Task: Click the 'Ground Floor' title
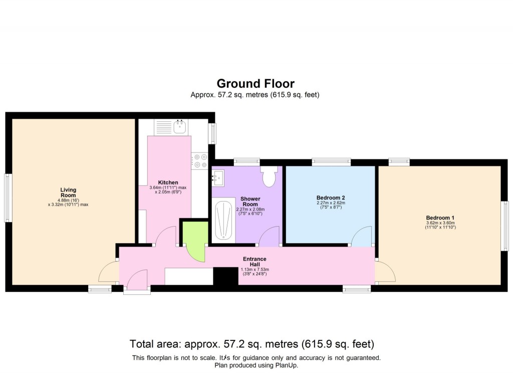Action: click(x=255, y=83)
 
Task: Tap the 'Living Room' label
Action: click(x=69, y=193)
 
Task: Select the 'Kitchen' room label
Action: click(x=168, y=182)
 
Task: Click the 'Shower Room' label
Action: click(x=250, y=202)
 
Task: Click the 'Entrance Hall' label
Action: click(x=254, y=262)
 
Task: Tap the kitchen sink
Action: click(x=180, y=127)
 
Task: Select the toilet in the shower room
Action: click(x=269, y=177)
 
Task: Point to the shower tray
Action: click(x=223, y=220)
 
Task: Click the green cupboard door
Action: click(x=194, y=241)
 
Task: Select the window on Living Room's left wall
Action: click(x=8, y=198)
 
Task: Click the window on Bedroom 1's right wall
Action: click(x=505, y=225)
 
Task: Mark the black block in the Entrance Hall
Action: click(x=225, y=276)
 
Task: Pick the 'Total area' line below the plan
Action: click(x=252, y=344)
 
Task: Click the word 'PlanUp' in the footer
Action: click(x=286, y=365)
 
